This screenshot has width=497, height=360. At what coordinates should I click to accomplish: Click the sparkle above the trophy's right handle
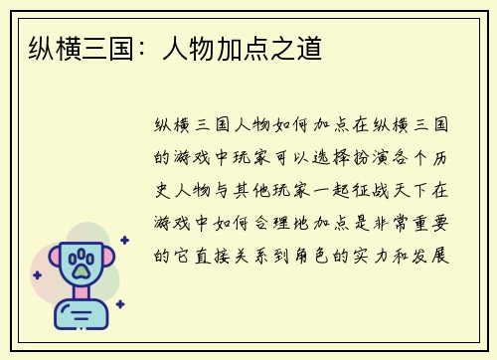tap(124, 240)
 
